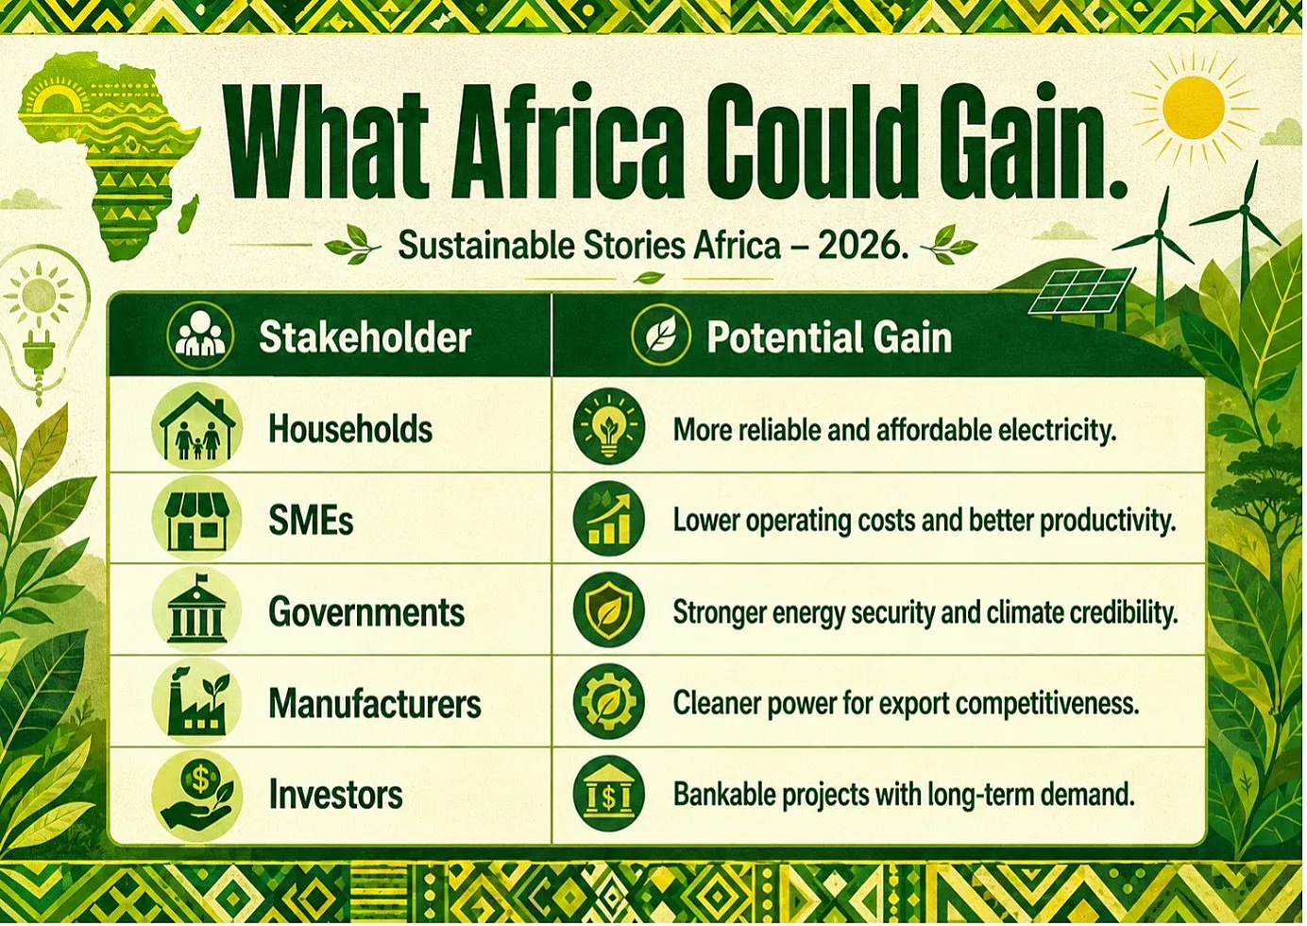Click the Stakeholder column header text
(365, 337)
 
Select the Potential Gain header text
(829, 337)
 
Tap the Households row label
(350, 429)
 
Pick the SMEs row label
(311, 521)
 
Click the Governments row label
(367, 612)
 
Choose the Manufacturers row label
(375, 703)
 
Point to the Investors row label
(336, 795)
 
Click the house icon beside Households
(197, 427)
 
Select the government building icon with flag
(196, 610)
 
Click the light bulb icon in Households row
(609, 427)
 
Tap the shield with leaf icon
(609, 610)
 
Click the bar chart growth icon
(609, 519)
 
